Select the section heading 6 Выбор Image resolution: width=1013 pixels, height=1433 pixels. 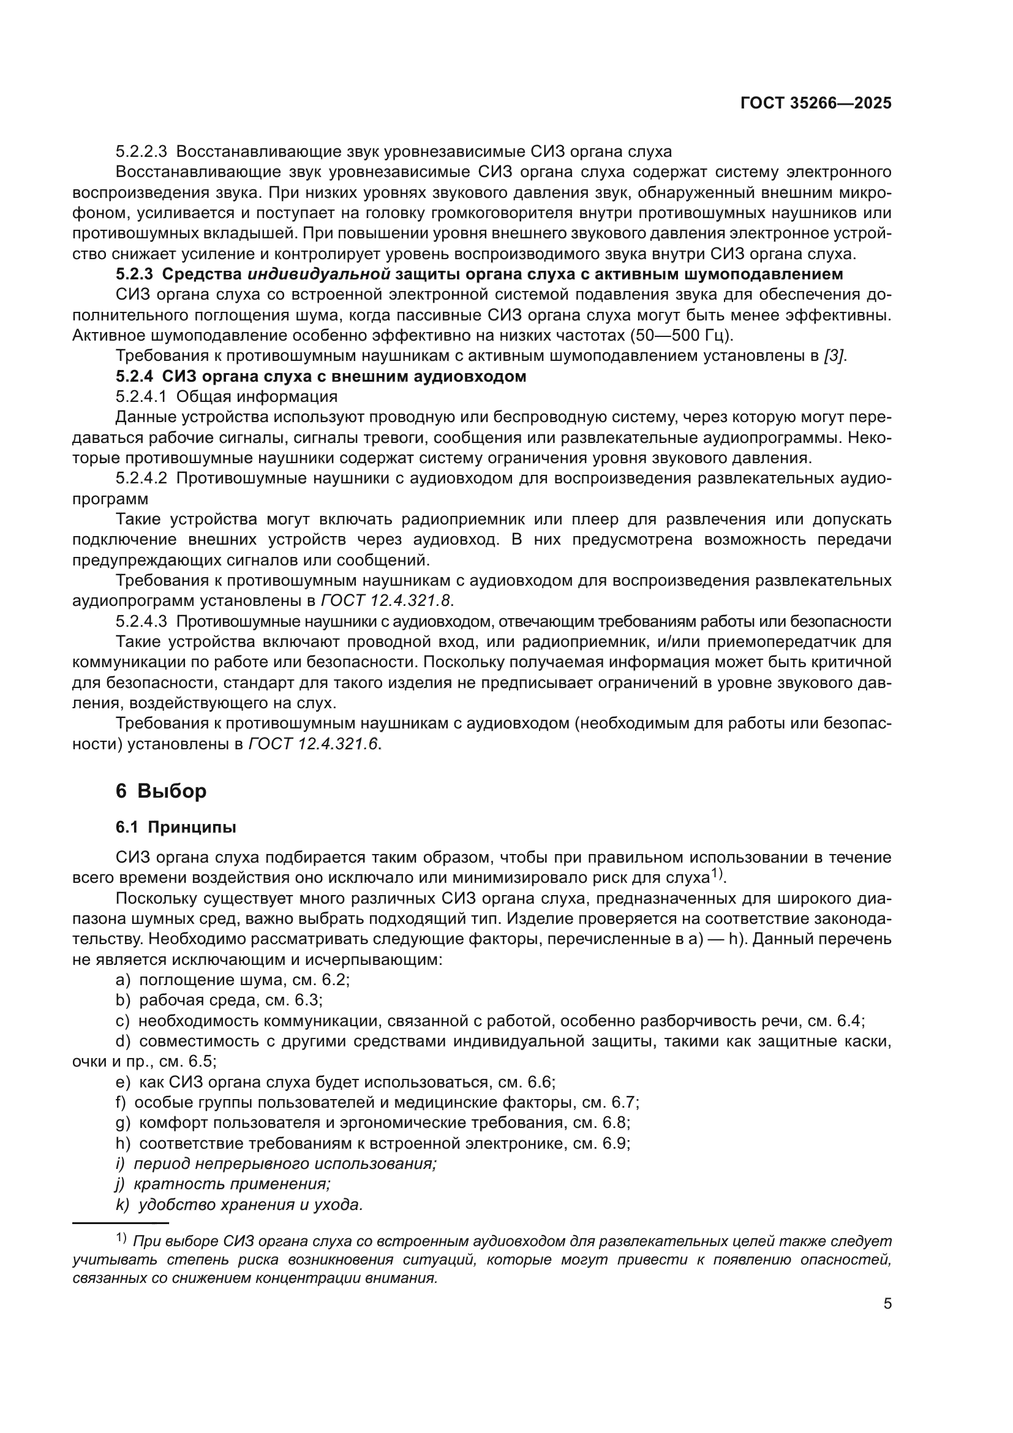(x=161, y=791)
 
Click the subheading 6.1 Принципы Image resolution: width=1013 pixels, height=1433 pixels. (x=176, y=828)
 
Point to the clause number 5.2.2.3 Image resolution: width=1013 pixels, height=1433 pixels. (x=141, y=152)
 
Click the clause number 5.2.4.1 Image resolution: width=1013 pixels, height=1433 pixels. (x=141, y=397)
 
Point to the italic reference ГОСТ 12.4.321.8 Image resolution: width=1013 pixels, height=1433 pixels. (x=385, y=601)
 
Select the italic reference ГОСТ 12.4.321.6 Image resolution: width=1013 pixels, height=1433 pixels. (x=314, y=744)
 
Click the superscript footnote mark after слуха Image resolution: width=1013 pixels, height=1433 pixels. (x=718, y=874)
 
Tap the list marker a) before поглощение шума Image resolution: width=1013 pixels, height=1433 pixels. (x=123, y=979)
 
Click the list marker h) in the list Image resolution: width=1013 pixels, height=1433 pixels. (x=123, y=1143)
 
